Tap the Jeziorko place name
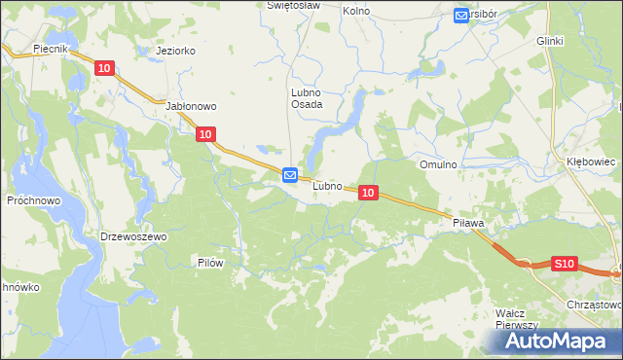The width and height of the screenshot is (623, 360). tap(170, 51)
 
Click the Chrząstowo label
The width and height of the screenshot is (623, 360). tap(594, 304)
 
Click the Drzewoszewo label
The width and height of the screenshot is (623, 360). tap(134, 236)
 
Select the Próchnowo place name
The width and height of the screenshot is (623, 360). tap(33, 199)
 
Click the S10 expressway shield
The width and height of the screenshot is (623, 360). tap(565, 263)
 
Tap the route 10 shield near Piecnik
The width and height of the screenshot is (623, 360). tap(105, 67)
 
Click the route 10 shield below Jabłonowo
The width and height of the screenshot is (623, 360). tap(204, 135)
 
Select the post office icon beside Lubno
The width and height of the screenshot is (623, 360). tap(290, 175)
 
